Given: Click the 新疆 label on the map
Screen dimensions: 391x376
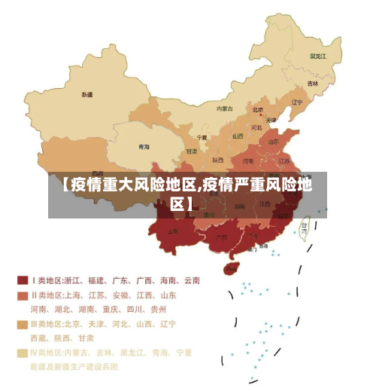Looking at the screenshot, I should point(87,95).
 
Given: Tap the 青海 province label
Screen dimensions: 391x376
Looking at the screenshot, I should point(143,146).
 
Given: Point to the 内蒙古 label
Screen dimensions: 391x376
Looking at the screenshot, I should point(225,108).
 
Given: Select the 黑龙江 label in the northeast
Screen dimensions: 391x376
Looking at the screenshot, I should point(317,56).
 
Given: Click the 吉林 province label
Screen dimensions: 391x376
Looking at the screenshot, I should point(312,83).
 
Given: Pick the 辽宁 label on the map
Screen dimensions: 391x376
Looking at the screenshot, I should point(296,102).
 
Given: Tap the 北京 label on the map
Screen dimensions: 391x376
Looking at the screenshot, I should point(258,109).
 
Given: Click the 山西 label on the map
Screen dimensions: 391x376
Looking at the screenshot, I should point(238,136).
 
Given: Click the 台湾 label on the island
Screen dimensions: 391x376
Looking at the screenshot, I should point(305,225).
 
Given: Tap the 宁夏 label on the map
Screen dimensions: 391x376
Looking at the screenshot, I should point(201,138).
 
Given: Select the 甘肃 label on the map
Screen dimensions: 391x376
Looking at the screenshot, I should point(192,151).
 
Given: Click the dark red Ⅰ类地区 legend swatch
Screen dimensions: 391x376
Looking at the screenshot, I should point(23,280).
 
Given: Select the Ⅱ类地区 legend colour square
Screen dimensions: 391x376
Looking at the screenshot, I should point(23,295).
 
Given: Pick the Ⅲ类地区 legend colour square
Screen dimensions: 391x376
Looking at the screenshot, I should point(23,324).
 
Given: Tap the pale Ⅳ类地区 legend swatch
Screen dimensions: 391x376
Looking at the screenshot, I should point(23,353).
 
